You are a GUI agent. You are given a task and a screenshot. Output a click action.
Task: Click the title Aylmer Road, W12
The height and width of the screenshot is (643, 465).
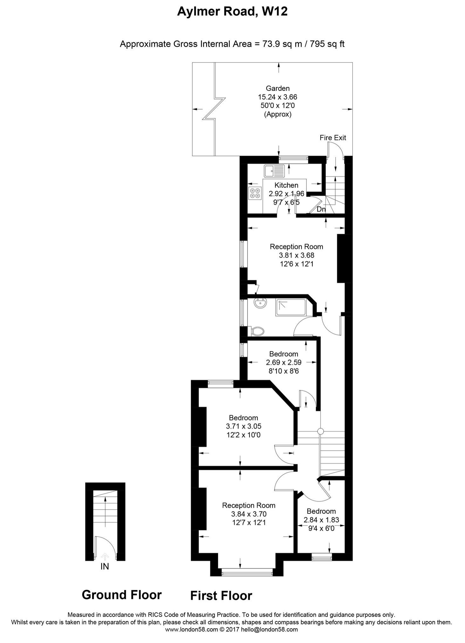232,12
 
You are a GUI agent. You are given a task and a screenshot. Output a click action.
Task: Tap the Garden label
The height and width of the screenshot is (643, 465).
277,88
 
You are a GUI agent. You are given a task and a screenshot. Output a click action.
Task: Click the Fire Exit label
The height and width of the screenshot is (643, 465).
332,138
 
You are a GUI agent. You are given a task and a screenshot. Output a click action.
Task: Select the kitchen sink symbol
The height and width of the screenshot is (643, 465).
274,171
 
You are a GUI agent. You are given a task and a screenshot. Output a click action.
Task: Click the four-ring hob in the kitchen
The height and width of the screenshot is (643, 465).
255,193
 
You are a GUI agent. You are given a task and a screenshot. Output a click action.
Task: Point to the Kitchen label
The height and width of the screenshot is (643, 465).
286,185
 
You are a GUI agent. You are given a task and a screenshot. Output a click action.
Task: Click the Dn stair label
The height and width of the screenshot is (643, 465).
321,209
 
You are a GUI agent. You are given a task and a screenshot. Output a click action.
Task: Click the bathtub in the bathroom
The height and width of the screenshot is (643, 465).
291,307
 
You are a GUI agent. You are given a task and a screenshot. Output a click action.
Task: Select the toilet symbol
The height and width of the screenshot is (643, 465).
257,331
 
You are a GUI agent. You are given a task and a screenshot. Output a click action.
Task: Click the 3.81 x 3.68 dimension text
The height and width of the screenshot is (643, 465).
297,255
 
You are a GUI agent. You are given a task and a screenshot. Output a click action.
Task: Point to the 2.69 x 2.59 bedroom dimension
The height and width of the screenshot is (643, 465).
284,362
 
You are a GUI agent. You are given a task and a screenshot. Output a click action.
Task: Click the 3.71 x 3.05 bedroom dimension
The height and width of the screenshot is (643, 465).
243,426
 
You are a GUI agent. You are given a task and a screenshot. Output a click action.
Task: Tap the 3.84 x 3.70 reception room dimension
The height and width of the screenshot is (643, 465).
249,514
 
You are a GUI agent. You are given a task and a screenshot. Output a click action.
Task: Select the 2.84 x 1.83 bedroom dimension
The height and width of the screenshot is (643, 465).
321,520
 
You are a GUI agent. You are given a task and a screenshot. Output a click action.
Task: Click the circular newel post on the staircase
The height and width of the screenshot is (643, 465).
320,431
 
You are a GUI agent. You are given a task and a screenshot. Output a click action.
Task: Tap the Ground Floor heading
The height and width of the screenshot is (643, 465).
122,595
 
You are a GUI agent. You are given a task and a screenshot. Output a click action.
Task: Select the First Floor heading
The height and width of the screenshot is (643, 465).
221,596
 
